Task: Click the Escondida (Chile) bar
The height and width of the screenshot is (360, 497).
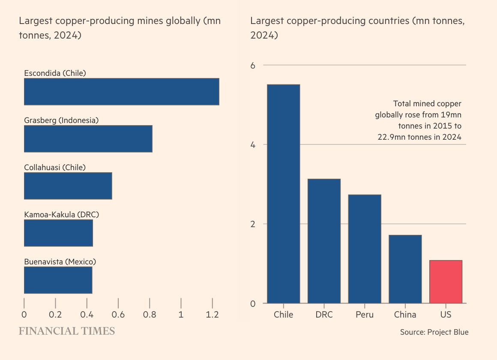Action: click(121, 92)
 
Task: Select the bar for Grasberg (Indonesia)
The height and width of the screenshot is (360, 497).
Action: click(88, 139)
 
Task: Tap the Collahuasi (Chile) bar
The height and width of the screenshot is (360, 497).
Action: click(68, 186)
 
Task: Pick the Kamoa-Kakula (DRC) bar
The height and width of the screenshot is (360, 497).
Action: click(58, 233)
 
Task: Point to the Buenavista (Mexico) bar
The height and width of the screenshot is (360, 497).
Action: click(58, 280)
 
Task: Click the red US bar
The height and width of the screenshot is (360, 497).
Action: click(446, 282)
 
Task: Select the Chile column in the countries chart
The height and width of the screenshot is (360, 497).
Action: click(283, 194)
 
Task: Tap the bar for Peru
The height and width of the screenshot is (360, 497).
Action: click(364, 249)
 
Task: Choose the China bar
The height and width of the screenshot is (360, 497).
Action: click(405, 269)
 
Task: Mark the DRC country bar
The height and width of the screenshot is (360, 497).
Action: click(324, 241)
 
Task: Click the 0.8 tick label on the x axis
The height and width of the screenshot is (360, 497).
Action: click(150, 314)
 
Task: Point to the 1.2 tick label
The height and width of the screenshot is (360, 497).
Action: click(212, 314)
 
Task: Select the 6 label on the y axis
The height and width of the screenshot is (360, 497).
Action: click(253, 65)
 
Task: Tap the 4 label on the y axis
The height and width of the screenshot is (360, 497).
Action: click(253, 144)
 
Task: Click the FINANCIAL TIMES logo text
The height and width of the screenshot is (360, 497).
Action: click(66, 331)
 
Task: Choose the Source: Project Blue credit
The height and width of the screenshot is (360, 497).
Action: click(434, 332)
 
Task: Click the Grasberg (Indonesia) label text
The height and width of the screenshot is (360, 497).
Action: click(61, 120)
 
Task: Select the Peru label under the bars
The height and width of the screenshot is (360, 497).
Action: click(364, 315)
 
